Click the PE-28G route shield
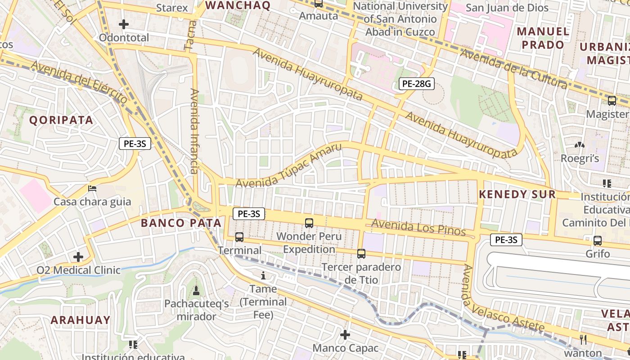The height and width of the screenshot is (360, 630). (416, 83)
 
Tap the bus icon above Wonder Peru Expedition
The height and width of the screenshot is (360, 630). (309, 223)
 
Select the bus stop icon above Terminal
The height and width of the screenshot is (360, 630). (239, 237)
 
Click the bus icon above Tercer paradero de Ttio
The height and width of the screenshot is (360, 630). (361, 253)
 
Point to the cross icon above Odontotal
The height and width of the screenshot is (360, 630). (124, 24)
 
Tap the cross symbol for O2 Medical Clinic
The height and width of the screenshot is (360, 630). (78, 257)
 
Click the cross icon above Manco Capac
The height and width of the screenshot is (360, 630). (345, 335)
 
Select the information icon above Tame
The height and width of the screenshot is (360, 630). (263, 275)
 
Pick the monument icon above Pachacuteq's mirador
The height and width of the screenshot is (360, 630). (196, 291)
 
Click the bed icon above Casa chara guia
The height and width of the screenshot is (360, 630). (92, 188)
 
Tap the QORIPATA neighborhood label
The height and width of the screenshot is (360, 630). (61, 120)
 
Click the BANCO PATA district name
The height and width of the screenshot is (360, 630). (181, 223)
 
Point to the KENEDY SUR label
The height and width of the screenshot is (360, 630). (517, 194)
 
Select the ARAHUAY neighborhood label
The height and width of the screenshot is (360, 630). (80, 320)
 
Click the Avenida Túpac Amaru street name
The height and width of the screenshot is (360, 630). (288, 166)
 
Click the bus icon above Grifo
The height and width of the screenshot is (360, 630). (598, 241)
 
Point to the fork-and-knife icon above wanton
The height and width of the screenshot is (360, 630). (583, 339)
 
